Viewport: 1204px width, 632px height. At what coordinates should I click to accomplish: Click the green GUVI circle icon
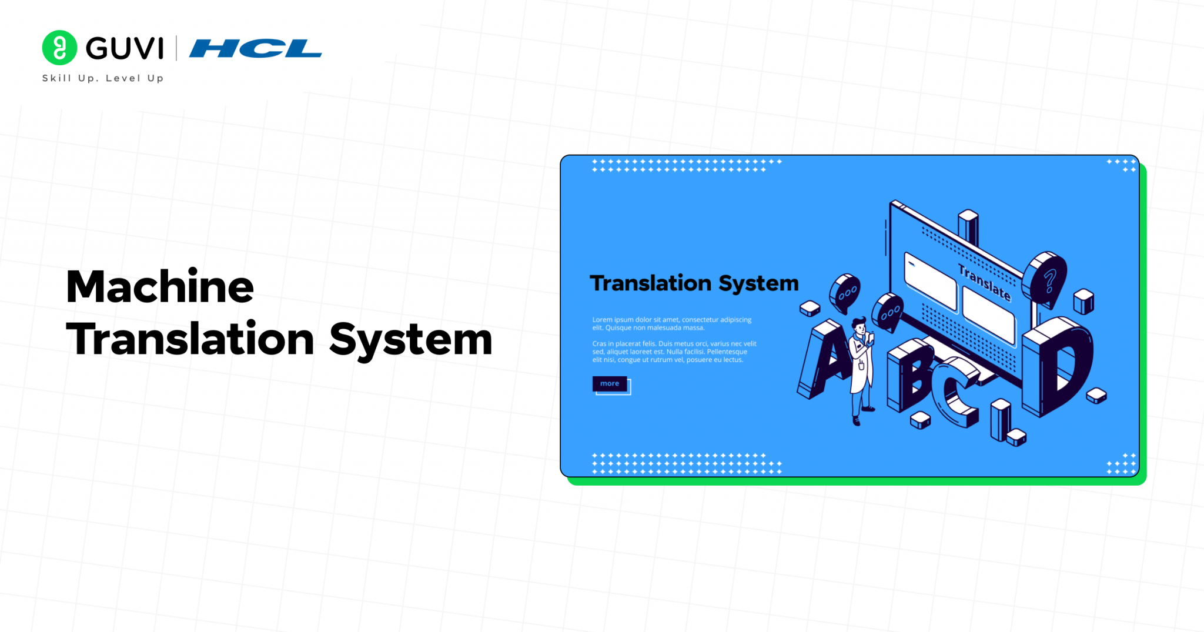click(x=59, y=48)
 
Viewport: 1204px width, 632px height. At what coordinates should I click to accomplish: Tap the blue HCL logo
click(x=256, y=48)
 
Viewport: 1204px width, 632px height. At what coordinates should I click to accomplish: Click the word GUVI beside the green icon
click(x=125, y=48)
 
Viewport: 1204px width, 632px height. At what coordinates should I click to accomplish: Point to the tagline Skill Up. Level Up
click(x=103, y=78)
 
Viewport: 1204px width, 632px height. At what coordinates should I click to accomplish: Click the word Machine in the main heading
click(x=160, y=287)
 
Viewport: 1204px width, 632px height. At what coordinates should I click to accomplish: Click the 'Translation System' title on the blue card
click(x=694, y=283)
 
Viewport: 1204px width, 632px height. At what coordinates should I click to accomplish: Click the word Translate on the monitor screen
click(x=984, y=282)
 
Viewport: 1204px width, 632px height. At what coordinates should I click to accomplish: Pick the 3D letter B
click(x=910, y=376)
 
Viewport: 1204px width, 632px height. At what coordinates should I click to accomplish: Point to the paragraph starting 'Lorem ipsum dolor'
click(x=672, y=324)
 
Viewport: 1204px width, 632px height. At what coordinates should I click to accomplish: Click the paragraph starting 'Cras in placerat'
click(x=674, y=352)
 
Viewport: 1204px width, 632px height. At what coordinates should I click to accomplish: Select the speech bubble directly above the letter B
click(x=887, y=312)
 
